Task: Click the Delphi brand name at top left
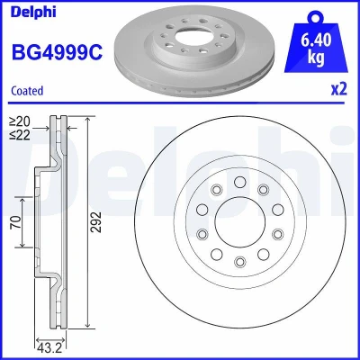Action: (x=33, y=12)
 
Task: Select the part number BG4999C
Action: (x=57, y=51)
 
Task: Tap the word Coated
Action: (x=27, y=91)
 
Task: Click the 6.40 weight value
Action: (x=316, y=40)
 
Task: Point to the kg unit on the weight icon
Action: (x=316, y=58)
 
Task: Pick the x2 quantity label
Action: (x=339, y=89)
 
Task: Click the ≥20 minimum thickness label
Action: (x=20, y=121)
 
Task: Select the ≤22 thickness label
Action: (x=20, y=135)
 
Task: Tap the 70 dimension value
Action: (x=16, y=222)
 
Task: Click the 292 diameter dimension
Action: (x=96, y=222)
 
